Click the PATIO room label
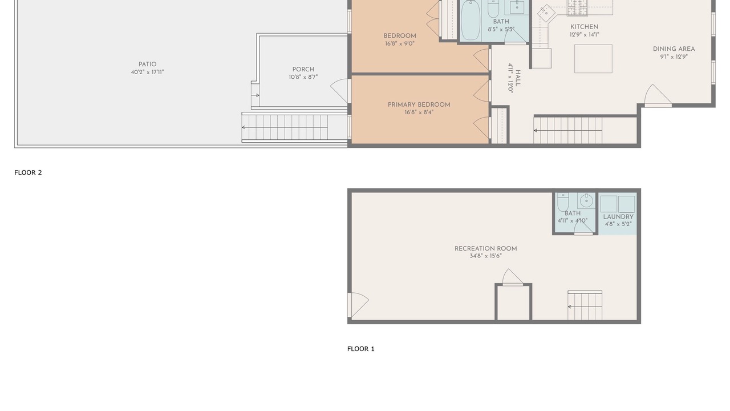coord(147,65)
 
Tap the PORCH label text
coord(303,70)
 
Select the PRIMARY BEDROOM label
coord(419,104)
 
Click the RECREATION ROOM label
coord(485,248)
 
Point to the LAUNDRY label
coord(618,217)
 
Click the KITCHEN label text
coord(585,27)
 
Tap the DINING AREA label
coord(674,49)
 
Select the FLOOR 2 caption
coord(28,172)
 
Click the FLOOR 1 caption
coord(361,349)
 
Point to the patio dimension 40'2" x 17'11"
coord(147,72)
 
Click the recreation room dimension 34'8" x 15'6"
coord(485,256)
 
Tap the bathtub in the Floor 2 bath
coord(470,20)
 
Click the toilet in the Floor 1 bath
coord(563,202)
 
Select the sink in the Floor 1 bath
coord(586,200)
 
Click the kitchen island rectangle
coord(593,59)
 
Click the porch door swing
coord(339,91)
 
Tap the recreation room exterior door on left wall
coord(358,305)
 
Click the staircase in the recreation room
coord(585,305)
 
